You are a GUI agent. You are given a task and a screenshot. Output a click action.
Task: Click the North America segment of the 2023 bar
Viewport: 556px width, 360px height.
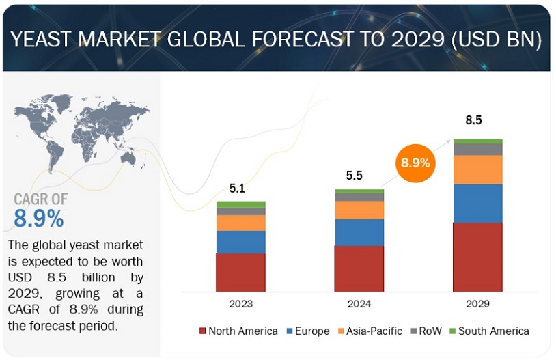240,272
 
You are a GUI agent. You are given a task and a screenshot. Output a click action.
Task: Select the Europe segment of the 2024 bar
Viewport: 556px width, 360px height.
359,232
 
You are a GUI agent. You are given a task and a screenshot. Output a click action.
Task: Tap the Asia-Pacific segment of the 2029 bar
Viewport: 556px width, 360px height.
477,169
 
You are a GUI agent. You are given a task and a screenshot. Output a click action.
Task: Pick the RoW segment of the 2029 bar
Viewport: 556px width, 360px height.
477,149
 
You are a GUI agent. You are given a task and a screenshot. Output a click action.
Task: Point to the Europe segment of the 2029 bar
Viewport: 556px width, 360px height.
477,204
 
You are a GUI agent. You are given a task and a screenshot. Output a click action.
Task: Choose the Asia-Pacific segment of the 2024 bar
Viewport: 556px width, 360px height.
359,210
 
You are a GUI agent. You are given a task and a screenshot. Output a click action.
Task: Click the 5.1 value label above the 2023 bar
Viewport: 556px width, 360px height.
237,187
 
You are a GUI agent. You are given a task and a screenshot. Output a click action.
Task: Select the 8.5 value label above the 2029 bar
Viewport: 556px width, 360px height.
473,120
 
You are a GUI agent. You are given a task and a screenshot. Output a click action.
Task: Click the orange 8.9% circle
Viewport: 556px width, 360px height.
415,163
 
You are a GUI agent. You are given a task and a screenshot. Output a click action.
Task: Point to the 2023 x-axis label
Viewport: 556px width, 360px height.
240,303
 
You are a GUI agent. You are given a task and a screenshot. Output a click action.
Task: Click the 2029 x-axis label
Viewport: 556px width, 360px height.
477,303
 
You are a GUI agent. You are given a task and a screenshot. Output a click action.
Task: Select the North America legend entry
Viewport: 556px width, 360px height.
238,331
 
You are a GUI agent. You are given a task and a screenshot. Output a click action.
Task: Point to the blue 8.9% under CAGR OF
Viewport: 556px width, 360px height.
39,218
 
